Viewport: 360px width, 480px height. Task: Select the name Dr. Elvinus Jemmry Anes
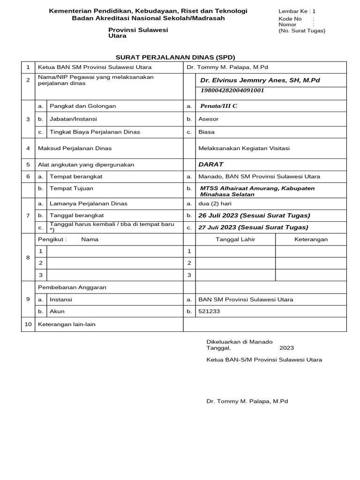260,81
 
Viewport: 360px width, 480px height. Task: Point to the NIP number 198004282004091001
232,90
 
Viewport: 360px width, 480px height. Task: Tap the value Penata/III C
218,106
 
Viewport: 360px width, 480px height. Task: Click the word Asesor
208,119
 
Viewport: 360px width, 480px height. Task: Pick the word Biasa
206,132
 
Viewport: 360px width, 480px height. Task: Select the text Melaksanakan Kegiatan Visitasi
244,148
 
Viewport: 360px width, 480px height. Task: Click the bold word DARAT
210,165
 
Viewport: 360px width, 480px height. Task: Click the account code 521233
209,311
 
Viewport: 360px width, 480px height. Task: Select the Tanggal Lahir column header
235,239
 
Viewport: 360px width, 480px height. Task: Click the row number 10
28,324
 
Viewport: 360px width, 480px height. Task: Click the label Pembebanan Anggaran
72,287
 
